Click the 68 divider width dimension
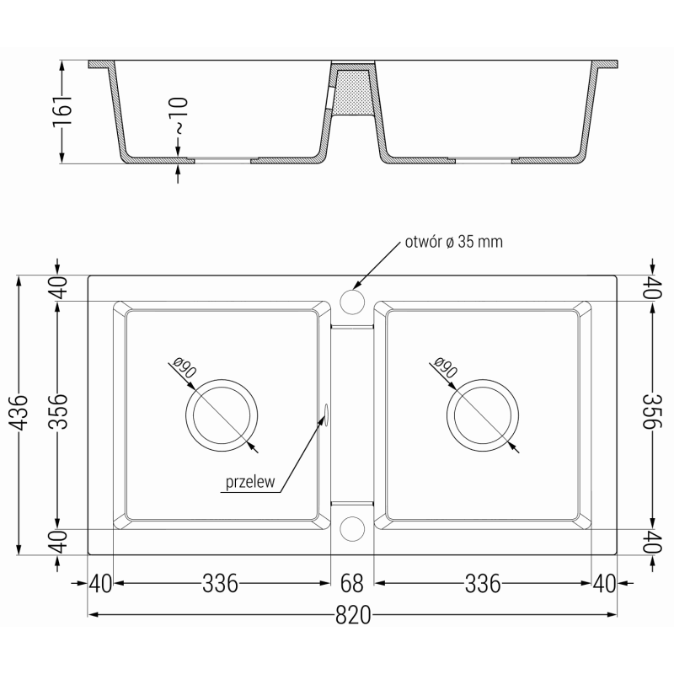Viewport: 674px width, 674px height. pyautogui.click(x=352, y=582)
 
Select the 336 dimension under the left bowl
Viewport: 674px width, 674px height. pyautogui.click(x=220, y=582)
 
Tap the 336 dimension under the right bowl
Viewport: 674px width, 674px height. pyautogui.click(x=483, y=582)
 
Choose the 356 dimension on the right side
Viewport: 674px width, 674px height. pyautogui.click(x=650, y=413)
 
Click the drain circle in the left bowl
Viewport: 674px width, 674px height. pyautogui.click(x=219, y=415)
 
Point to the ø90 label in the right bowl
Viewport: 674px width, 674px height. pyautogui.click(x=446, y=368)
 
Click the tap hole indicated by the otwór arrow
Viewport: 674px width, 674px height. pyautogui.click(x=352, y=301)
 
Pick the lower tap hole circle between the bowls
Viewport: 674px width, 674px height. pyautogui.click(x=352, y=527)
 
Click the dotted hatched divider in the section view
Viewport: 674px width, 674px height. pyautogui.click(x=351, y=92)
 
